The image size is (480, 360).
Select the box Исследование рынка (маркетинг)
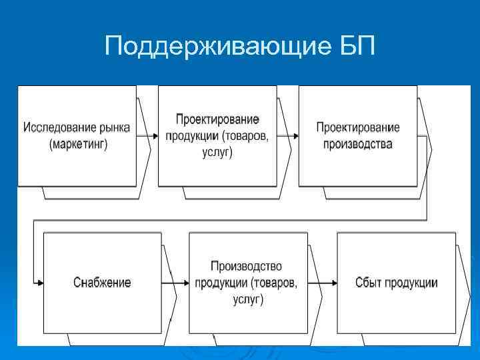tap(77, 135)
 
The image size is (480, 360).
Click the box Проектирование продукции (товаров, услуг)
tap(217, 135)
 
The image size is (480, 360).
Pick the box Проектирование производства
tap(357, 135)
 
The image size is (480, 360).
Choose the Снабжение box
tap(102, 282)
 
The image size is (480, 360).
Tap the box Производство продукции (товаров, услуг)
tap(246, 282)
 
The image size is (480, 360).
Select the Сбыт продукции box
tap(396, 282)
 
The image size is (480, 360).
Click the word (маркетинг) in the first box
tap(77, 143)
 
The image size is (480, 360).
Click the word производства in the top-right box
tap(358, 143)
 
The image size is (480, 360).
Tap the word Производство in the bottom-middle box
tap(246, 267)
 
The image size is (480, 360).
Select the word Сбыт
tap(368, 283)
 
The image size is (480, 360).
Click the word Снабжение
tap(102, 282)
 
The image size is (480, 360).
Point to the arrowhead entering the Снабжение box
tap(40, 283)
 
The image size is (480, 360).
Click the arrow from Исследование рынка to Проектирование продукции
tap(147, 135)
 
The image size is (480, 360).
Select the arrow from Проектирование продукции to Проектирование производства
tap(288, 135)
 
